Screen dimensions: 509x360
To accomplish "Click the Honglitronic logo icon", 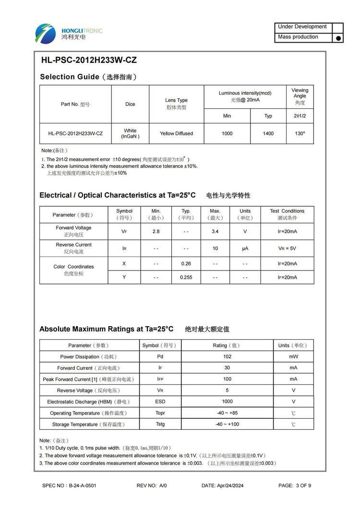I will [x=45, y=34].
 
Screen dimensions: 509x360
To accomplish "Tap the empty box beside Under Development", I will [x=338, y=27].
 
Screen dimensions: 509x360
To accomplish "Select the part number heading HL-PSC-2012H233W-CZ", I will [x=89, y=60].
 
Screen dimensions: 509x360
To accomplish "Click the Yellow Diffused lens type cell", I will [x=176, y=133].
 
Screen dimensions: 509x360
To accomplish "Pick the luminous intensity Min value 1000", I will [x=227, y=133].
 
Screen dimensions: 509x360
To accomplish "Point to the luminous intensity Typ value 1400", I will [x=268, y=133].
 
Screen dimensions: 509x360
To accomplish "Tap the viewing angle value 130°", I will [x=300, y=133].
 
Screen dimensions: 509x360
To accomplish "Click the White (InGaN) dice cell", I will [x=130, y=133].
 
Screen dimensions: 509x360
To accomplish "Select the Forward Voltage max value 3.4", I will [x=215, y=231].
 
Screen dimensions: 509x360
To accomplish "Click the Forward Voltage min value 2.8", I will [x=156, y=231].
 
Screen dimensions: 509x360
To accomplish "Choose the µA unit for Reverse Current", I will [x=245, y=249].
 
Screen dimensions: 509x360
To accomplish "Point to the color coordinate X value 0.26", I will [x=186, y=263].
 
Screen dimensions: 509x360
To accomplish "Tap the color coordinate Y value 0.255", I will [x=186, y=277].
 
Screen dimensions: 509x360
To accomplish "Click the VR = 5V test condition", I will [x=287, y=249].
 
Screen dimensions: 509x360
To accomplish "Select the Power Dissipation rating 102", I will [x=227, y=356].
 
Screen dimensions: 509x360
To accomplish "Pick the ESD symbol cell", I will [x=160, y=402].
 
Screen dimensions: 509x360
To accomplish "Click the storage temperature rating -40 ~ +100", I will [x=227, y=424].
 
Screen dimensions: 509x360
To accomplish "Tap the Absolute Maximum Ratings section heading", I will [x=106, y=329].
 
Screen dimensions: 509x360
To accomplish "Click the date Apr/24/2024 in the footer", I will [x=223, y=485].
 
